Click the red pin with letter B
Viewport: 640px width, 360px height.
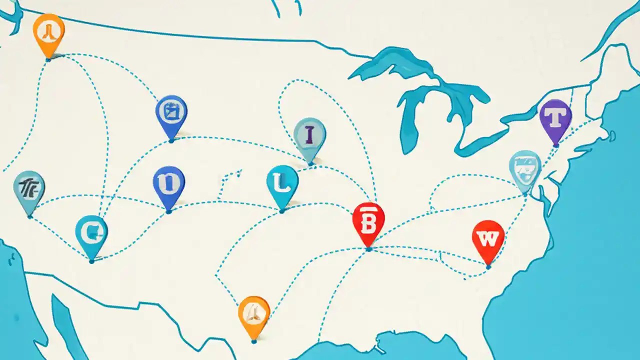point(368,222)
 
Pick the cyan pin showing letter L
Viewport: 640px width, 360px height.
point(282,185)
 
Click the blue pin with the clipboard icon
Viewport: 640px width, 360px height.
point(171,114)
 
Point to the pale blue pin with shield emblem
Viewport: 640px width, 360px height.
point(525,169)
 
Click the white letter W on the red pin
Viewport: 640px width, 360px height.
point(488,238)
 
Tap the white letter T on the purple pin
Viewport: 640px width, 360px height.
point(555,118)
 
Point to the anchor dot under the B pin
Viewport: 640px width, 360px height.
point(368,248)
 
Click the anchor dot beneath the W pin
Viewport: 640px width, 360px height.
point(488,267)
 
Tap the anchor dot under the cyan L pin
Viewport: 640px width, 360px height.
point(282,211)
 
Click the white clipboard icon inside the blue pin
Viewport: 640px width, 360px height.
point(171,112)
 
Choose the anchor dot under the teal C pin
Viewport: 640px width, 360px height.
point(91,260)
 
